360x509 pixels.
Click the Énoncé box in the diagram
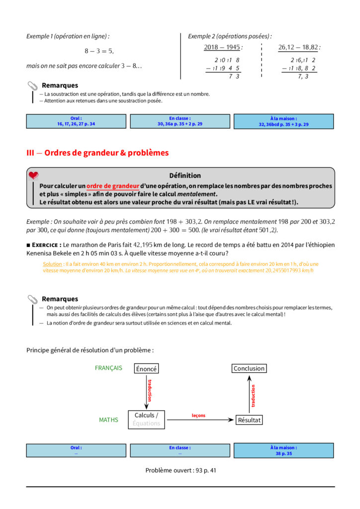coord(147,369)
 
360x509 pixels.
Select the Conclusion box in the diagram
coord(249,368)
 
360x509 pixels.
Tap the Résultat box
coord(249,420)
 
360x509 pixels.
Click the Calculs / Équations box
coord(146,420)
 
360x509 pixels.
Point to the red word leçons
coord(198,416)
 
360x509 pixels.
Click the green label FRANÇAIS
coord(108,368)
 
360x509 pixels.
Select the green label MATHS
coord(108,420)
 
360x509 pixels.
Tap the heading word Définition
coord(185,175)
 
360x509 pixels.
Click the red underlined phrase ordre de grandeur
coord(112,186)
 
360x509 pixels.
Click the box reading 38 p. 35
coord(283,450)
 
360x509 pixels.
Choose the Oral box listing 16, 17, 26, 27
coord(76,121)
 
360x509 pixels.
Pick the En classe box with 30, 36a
coord(180,121)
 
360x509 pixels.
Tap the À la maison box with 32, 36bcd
coord(283,121)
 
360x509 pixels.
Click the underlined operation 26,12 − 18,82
coord(298,47)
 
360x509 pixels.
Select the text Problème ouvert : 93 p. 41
coord(180,470)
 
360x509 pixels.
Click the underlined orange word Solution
coord(53,264)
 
